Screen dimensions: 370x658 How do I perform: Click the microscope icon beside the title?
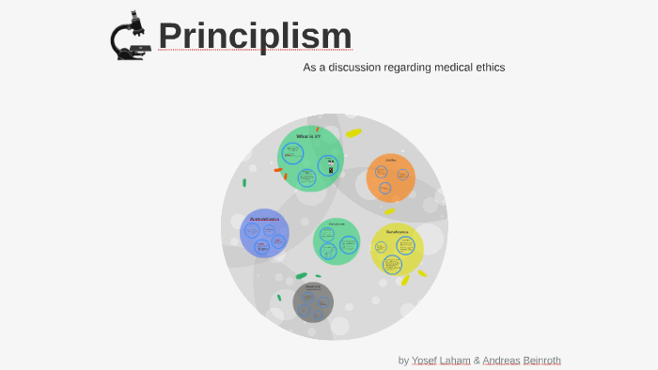click(131, 37)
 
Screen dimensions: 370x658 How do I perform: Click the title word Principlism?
click(255, 36)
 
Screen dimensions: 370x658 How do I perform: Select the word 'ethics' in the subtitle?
click(488, 68)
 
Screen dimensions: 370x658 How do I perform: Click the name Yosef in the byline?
click(424, 361)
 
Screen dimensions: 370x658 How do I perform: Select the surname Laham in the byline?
click(455, 361)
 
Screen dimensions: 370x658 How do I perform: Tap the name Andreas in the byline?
click(501, 361)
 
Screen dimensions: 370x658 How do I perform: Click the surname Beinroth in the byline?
click(542, 361)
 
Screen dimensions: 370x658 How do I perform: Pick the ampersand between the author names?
click(477, 361)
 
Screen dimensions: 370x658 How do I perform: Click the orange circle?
click(390, 178)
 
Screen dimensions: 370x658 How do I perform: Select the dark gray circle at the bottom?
click(313, 302)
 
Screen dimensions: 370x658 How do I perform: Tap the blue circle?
click(265, 234)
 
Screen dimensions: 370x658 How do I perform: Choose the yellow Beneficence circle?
click(397, 250)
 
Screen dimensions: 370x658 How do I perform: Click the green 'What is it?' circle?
click(309, 159)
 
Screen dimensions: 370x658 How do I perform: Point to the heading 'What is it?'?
click(308, 136)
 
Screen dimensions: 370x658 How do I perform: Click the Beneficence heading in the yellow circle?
click(397, 231)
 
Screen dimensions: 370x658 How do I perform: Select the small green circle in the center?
click(337, 241)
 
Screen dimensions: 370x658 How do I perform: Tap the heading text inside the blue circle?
click(265, 219)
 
